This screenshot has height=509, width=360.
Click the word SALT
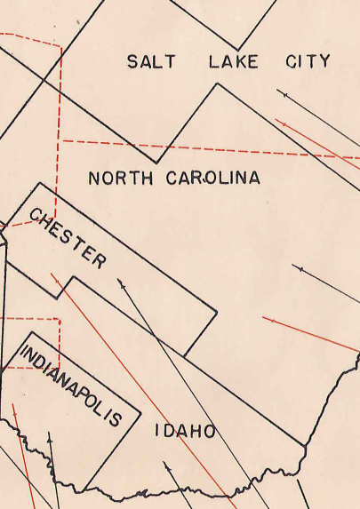click(151, 61)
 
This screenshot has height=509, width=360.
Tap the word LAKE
click(233, 61)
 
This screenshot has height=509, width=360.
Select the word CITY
click(308, 61)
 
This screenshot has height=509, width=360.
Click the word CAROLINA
click(213, 179)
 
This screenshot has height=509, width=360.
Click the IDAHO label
click(185, 432)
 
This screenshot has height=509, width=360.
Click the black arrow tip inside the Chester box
click(119, 281)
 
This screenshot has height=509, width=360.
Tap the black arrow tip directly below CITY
click(279, 91)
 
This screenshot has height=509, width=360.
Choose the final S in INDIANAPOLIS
click(116, 420)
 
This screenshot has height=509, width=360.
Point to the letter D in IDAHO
click(169, 432)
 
